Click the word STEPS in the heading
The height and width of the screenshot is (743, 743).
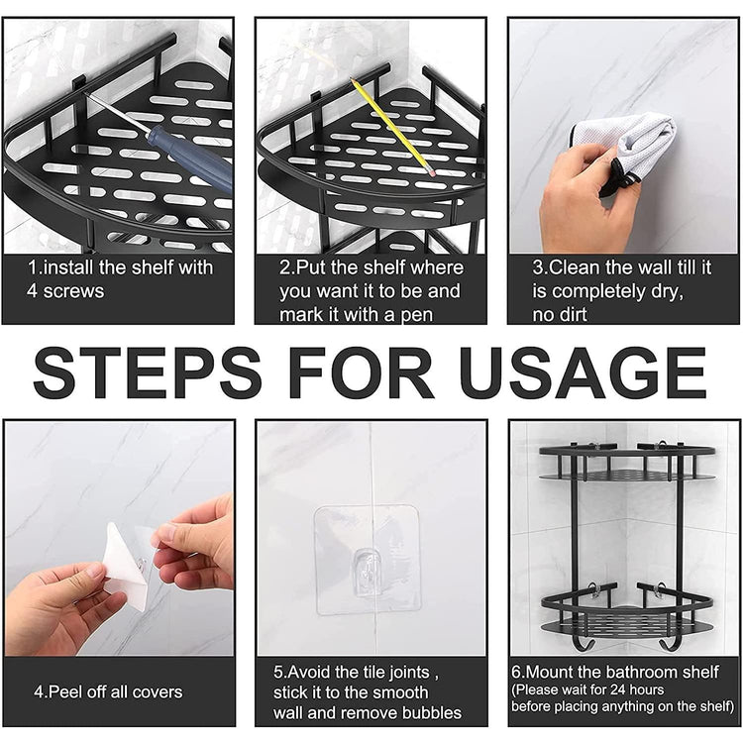pyautogui.click(x=148, y=372)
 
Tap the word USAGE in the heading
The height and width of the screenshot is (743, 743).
pyautogui.click(x=583, y=372)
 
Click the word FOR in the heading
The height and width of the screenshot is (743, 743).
pyautogui.click(x=361, y=372)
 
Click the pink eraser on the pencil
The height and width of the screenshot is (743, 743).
pyautogui.click(x=431, y=172)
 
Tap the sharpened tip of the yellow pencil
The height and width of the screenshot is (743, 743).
pyautogui.click(x=351, y=79)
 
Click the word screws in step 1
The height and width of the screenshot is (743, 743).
pyautogui.click(x=74, y=291)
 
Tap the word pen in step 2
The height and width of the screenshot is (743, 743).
pyautogui.click(x=417, y=315)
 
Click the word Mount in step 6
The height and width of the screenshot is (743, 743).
pyautogui.click(x=550, y=672)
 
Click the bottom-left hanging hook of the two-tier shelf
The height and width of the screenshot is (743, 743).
pyautogui.click(x=580, y=643)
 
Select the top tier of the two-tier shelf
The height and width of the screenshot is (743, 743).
pyautogui.click(x=627, y=462)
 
